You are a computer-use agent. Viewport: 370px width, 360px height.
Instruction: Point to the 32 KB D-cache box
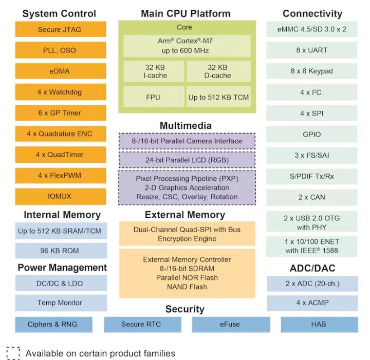[x=218, y=71]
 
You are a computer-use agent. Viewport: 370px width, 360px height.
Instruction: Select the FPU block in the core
[x=153, y=97]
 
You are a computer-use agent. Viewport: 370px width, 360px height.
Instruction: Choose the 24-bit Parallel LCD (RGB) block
[x=187, y=160]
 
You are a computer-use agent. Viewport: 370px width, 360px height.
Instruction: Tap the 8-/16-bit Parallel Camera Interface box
[x=187, y=141]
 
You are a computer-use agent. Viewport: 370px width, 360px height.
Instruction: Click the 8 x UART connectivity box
[x=312, y=50]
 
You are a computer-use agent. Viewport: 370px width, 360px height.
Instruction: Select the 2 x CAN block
[x=312, y=197]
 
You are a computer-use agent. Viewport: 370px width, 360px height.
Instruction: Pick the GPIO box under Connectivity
[x=312, y=135]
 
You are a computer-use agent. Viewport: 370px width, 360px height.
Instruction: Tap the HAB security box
[x=319, y=324]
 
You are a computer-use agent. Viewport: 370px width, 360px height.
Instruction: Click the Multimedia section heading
[x=186, y=125]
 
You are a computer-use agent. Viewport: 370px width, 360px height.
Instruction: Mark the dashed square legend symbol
[x=13, y=353]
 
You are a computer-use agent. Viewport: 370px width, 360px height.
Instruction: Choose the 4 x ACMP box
[x=312, y=303]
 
